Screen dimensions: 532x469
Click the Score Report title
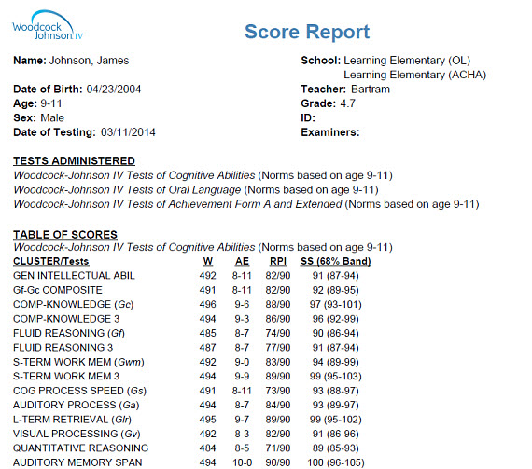(x=307, y=32)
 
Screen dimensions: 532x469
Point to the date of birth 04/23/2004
(x=118, y=90)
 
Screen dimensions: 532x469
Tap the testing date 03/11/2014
(x=128, y=131)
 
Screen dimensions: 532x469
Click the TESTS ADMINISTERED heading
(x=74, y=160)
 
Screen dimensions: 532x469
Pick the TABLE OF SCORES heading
(x=65, y=233)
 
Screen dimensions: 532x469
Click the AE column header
(x=241, y=261)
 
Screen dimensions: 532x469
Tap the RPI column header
(x=276, y=261)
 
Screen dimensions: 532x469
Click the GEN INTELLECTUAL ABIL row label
(x=74, y=276)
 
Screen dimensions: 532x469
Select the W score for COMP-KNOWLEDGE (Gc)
(x=207, y=304)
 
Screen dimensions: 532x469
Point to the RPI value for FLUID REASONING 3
(x=275, y=347)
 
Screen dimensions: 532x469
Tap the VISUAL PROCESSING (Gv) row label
(x=75, y=432)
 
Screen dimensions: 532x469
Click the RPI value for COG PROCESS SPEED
(x=275, y=389)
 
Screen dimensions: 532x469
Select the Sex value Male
(x=52, y=117)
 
